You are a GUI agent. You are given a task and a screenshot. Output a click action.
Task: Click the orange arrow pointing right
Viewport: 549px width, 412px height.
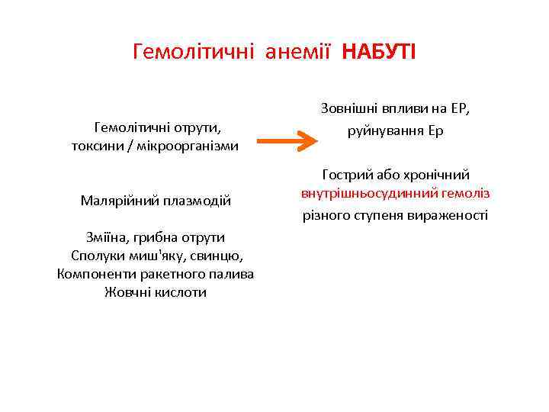[286, 140]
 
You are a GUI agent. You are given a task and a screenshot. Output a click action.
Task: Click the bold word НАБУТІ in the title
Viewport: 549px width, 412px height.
[379, 52]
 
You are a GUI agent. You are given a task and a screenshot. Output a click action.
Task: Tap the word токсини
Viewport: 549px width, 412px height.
[100, 145]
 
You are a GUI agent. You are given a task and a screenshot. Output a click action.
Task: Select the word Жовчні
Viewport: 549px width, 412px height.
[127, 292]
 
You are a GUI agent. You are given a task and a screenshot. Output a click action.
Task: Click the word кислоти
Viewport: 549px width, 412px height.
[181, 292]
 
